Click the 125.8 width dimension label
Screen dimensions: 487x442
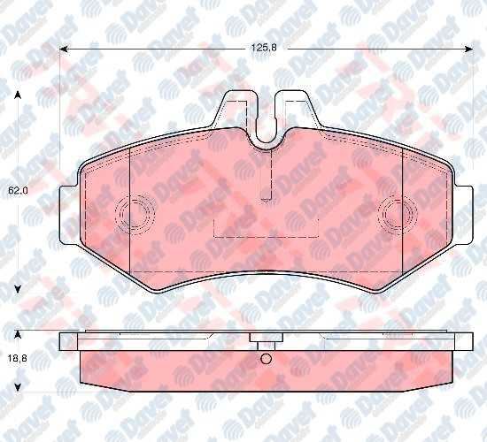(264, 48)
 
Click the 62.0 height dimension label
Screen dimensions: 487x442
(18, 190)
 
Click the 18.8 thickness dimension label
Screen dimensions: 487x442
(18, 359)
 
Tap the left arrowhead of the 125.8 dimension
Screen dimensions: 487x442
(64, 49)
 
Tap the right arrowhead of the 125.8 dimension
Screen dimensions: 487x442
(468, 49)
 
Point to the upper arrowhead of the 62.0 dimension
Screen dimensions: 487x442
(18, 95)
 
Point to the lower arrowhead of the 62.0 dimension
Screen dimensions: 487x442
(18, 289)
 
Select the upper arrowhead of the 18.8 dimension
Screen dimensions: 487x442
(18, 334)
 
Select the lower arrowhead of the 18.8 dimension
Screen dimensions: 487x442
(18, 387)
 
